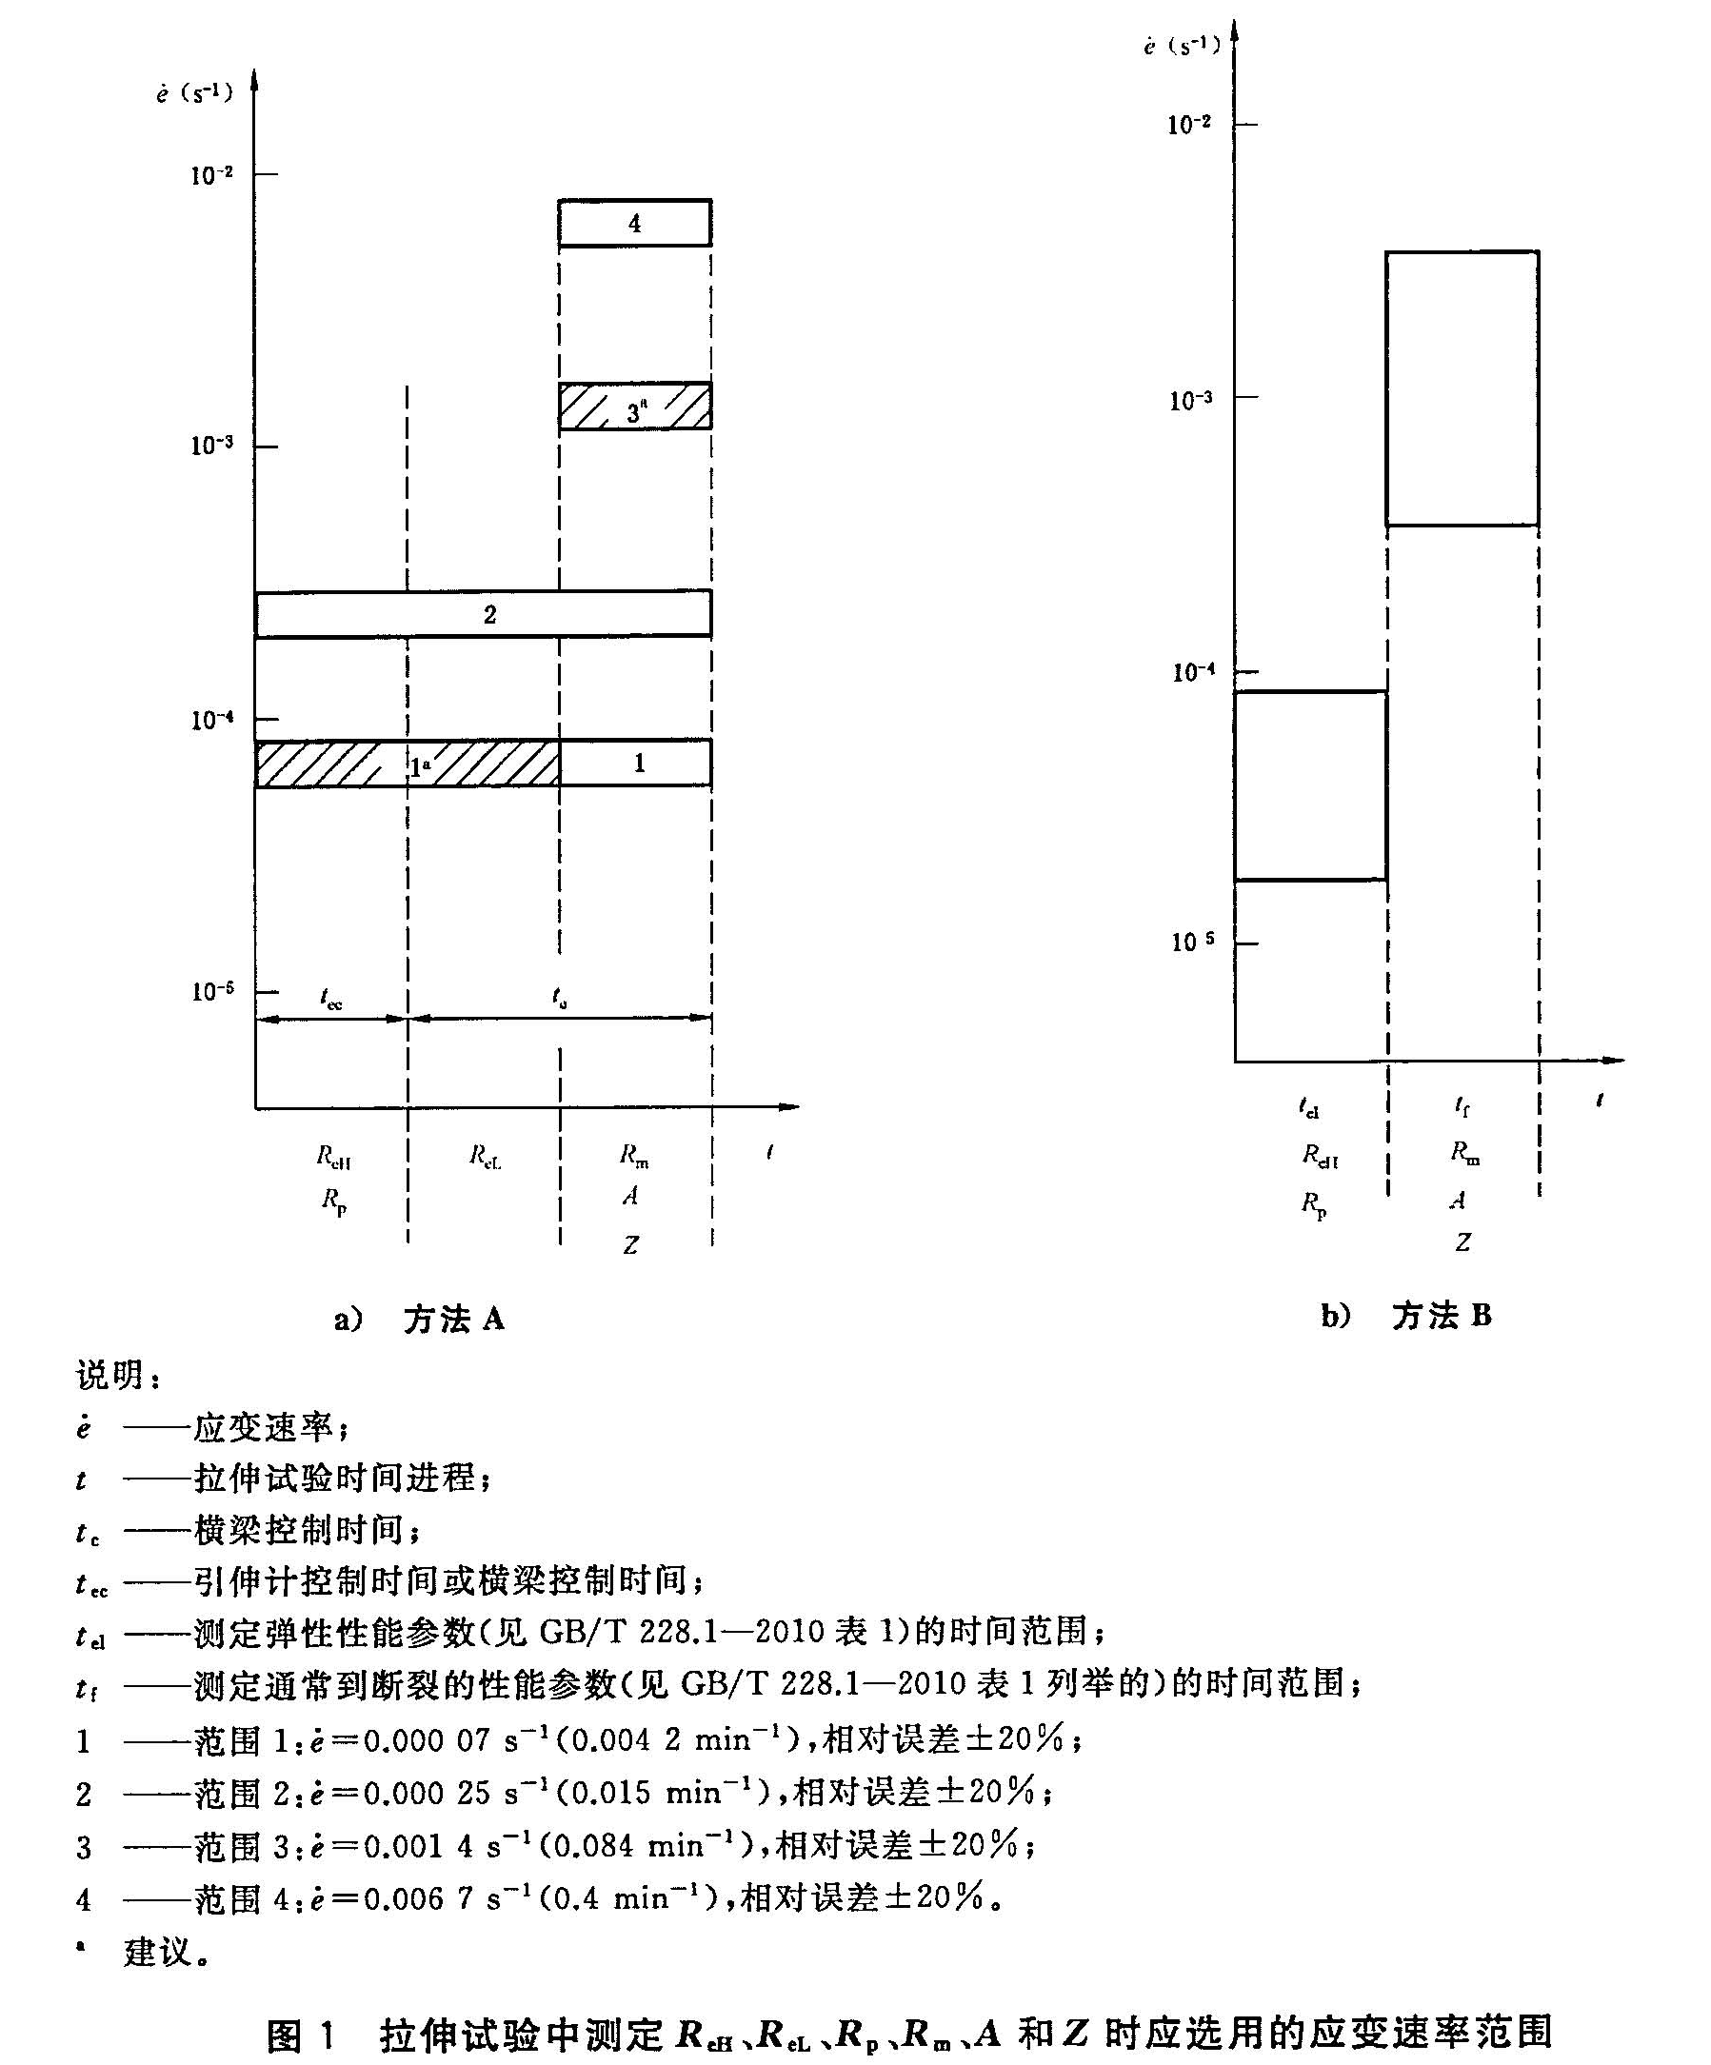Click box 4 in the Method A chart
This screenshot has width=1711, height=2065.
click(x=634, y=223)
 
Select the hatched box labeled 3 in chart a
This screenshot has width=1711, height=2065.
click(x=634, y=407)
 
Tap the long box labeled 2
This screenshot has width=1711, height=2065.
click(x=484, y=615)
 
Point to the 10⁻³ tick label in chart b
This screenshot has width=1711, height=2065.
click(x=1191, y=400)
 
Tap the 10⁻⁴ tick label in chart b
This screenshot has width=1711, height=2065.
click(x=1193, y=672)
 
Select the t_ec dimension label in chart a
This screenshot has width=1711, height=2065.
click(x=331, y=999)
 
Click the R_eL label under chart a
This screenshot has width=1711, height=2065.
click(x=485, y=1157)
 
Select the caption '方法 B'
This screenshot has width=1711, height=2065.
click(x=1441, y=1316)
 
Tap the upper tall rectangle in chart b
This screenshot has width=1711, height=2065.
click(x=1462, y=388)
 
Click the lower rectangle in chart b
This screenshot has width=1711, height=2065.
click(x=1311, y=784)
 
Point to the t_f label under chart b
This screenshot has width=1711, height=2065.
click(x=1462, y=1107)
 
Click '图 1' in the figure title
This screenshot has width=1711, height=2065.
click(x=301, y=2035)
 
